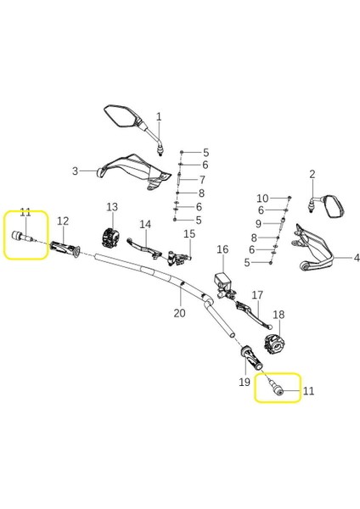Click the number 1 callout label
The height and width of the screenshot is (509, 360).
158,115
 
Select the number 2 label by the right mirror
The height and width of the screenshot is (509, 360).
312,175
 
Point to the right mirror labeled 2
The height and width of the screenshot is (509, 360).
334,204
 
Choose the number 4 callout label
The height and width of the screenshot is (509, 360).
357,258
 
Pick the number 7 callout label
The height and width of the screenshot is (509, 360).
202,180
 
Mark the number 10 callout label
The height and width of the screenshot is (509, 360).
262,197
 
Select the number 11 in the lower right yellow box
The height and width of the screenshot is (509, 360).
308,391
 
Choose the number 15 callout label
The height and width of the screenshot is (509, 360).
189,233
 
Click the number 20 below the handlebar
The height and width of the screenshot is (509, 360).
179,313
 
